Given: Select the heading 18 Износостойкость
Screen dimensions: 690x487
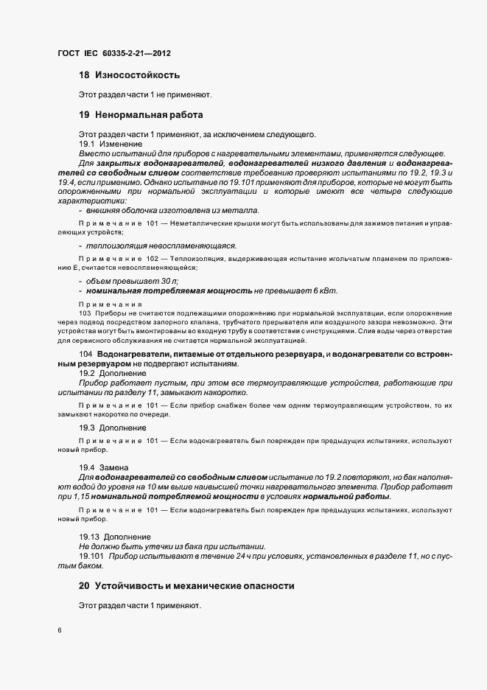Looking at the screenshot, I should [129, 75].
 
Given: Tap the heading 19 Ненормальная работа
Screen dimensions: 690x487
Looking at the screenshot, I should [140, 115].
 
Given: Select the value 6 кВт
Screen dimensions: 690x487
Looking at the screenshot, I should [326, 291].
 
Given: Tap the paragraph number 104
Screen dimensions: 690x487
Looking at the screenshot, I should [85, 355].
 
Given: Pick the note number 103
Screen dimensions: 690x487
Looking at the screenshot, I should [64, 313].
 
